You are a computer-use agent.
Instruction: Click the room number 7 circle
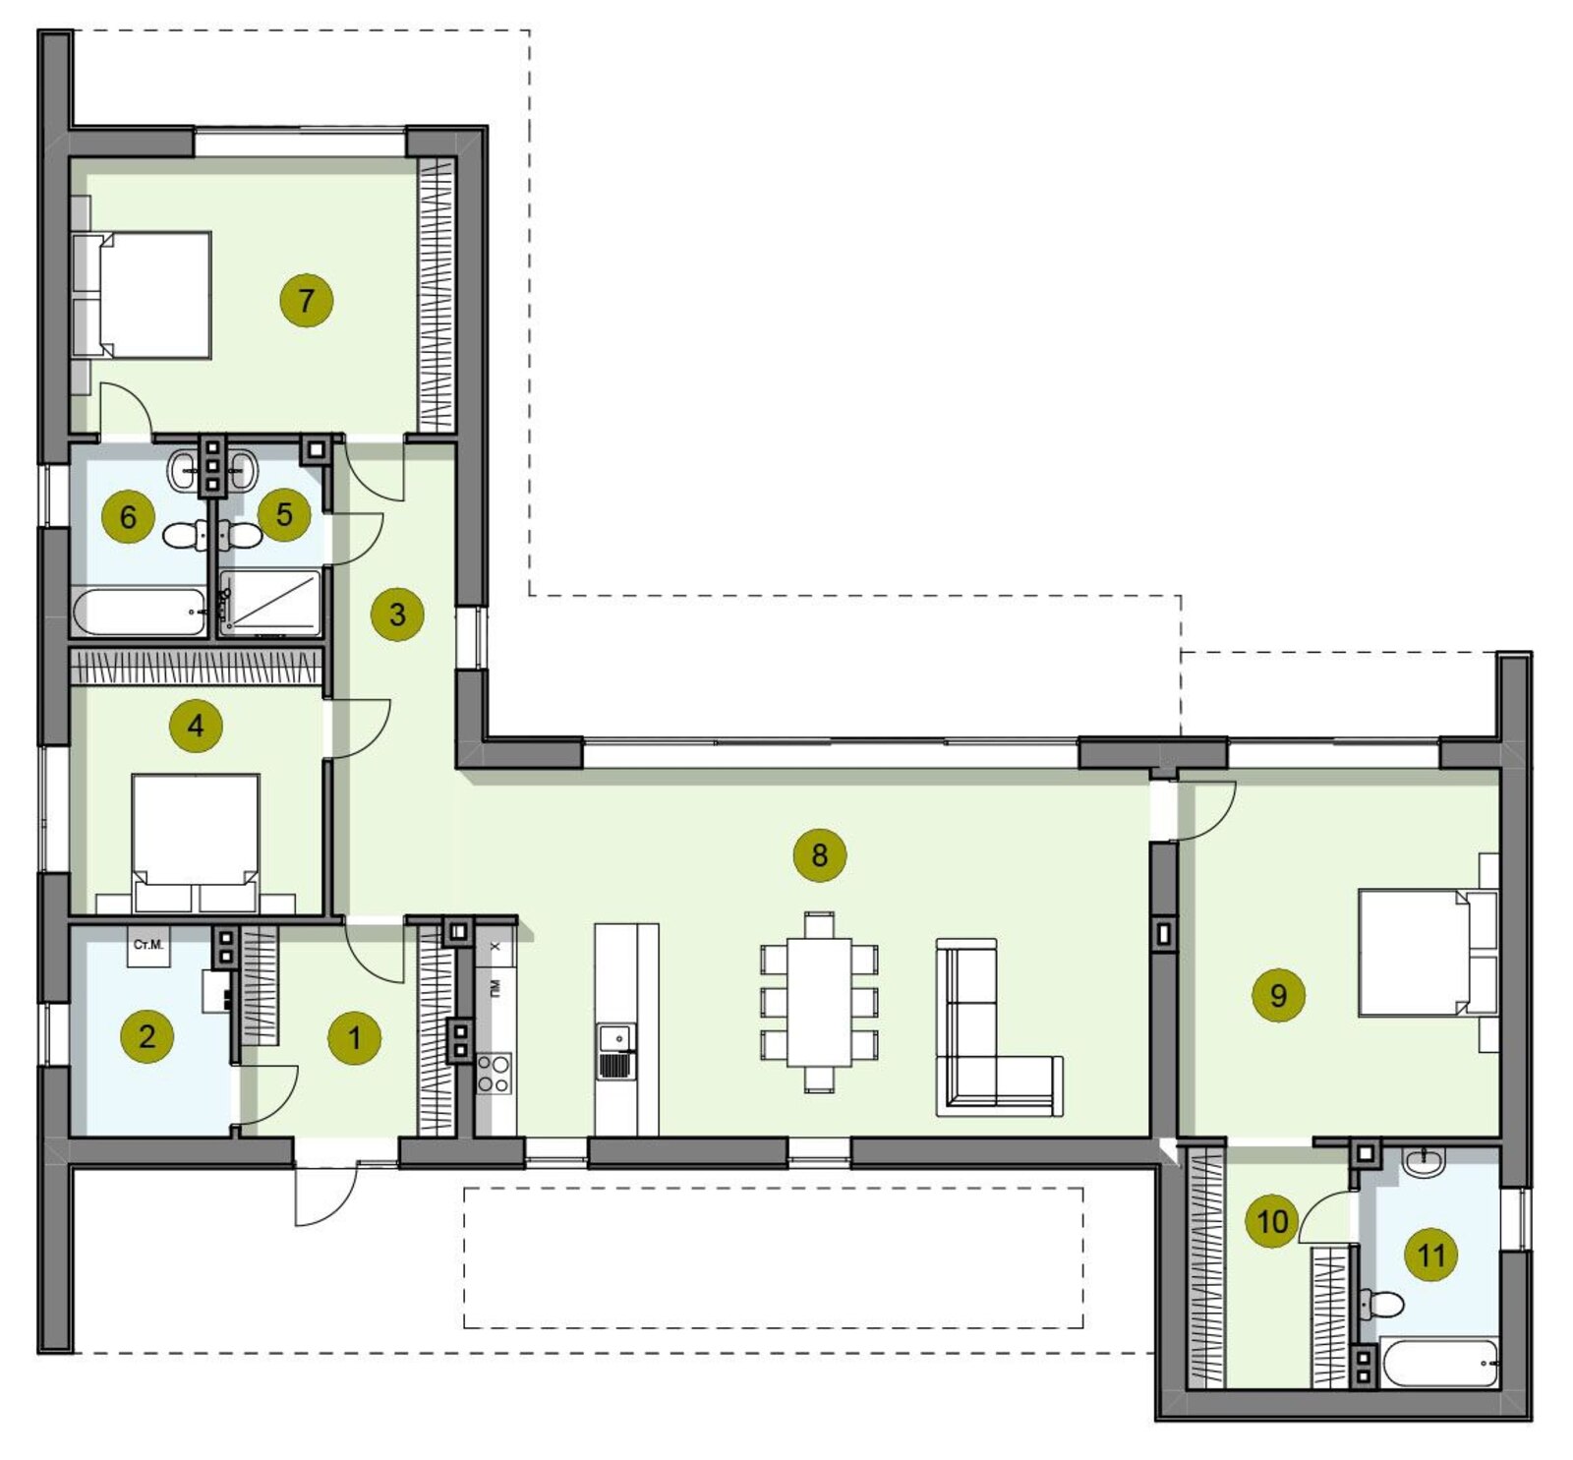(306, 300)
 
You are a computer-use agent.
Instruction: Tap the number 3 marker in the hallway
(397, 614)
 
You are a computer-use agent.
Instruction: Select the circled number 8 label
(819, 855)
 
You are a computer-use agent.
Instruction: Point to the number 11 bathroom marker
(1430, 1255)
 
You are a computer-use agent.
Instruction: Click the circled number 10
(1272, 1221)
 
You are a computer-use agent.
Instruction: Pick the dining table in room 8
(819, 1002)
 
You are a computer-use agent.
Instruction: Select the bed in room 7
(143, 295)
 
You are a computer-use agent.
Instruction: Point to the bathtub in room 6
(140, 612)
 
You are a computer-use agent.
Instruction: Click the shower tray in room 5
(270, 602)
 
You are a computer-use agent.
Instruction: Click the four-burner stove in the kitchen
(494, 1073)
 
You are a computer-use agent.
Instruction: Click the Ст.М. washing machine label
(148, 945)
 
